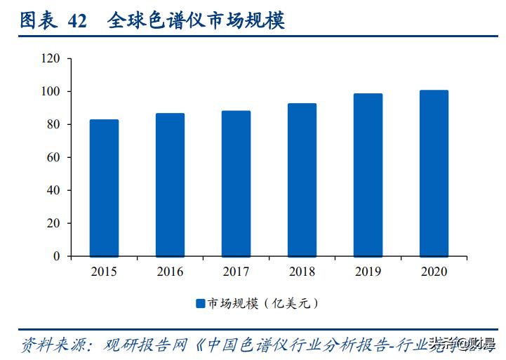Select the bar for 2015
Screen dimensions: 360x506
coord(104,188)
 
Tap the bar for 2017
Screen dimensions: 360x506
coord(236,183)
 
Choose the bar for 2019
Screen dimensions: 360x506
coord(368,175)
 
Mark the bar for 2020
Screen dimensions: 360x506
coord(434,173)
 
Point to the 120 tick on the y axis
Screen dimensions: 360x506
coord(51,58)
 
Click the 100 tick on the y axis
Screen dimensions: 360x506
coord(51,91)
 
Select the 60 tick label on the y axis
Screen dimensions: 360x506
coord(54,157)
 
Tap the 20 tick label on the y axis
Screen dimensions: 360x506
coord(54,223)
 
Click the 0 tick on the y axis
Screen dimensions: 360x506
coord(57,256)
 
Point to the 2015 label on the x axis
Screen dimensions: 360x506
coord(104,272)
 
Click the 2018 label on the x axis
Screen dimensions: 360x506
coord(302,272)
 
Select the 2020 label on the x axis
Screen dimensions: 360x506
coord(434,272)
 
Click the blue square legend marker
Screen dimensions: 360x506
coord(200,303)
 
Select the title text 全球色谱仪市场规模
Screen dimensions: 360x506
coord(196,21)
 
